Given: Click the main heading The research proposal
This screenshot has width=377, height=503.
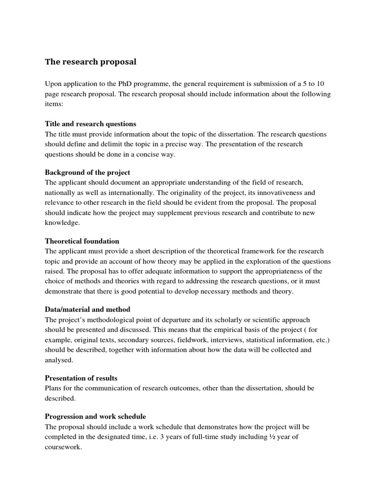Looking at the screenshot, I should tap(91, 62).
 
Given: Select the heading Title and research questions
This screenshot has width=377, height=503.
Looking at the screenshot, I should tap(91, 124).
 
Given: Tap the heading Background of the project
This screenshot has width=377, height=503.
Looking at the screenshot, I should tap(87, 172).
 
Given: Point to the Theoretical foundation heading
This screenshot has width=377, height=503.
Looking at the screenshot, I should tap(82, 241).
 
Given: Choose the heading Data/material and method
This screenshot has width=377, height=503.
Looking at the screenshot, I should tap(88, 309).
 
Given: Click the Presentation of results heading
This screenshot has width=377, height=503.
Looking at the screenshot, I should tap(81, 378).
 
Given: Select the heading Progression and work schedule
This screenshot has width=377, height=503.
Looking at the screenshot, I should tap(95, 416).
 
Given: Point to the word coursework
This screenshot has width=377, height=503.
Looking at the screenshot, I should tap(63, 447).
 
